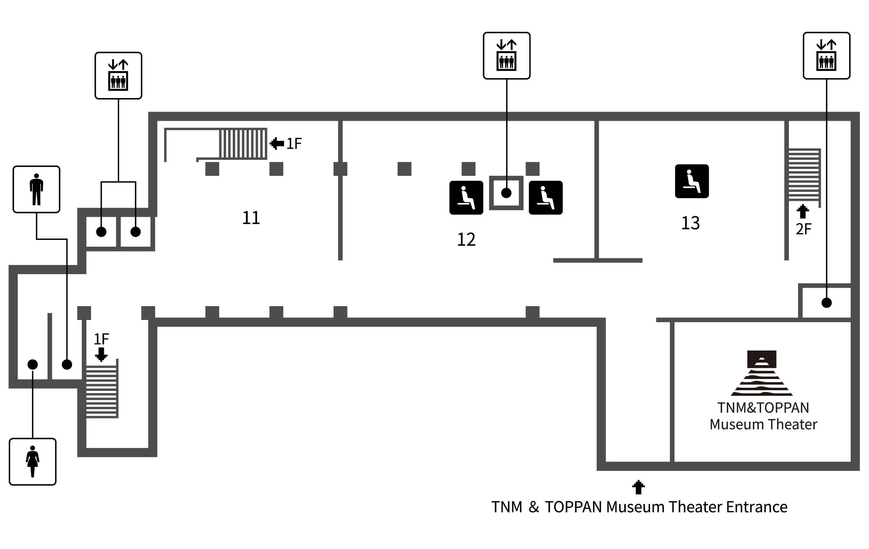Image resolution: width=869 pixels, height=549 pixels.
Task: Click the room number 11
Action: (251, 218)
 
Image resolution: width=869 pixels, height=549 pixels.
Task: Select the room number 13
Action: (690, 223)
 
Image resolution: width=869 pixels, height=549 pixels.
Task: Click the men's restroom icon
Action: (36, 189)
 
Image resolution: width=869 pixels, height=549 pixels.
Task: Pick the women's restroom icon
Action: (33, 462)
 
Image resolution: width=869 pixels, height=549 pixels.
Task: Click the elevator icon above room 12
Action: (507, 56)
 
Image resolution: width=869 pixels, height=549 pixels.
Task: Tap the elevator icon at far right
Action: (827, 56)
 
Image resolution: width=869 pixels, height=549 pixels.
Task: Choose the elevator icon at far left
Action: (118, 75)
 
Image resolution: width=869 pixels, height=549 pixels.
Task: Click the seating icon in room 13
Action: (692, 181)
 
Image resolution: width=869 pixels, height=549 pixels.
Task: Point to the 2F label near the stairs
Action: (803, 229)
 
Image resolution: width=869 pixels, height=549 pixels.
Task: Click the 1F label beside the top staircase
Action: (294, 144)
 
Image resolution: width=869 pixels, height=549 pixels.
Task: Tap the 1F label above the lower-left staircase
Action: (101, 339)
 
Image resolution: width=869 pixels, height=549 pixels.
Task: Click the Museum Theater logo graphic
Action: (761, 373)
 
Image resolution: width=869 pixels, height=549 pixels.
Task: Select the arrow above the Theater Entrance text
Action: (639, 487)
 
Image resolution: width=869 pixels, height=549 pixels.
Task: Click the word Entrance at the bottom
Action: (757, 507)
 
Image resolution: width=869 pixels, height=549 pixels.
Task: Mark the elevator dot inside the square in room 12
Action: (506, 193)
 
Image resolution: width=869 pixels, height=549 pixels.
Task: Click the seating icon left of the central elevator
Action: (466, 198)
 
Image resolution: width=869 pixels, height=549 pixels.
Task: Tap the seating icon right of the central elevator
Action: (546, 198)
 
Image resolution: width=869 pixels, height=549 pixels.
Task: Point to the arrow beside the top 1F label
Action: (277, 144)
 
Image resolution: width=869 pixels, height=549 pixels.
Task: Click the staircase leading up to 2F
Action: (805, 175)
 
